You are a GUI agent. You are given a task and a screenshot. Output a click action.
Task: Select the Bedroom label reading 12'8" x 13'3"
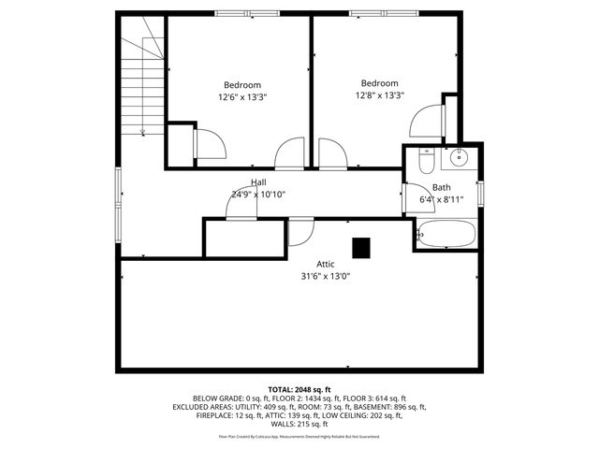click(x=379, y=94)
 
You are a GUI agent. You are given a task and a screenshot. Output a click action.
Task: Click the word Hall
click(x=258, y=181)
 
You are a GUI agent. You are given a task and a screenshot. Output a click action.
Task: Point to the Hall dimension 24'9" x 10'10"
click(x=258, y=195)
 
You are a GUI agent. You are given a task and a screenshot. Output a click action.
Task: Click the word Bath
click(x=442, y=187)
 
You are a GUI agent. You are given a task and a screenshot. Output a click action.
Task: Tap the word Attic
click(x=327, y=263)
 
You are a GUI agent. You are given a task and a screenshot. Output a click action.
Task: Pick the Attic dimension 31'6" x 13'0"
click(x=327, y=276)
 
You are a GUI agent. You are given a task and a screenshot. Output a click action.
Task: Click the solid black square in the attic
click(x=361, y=247)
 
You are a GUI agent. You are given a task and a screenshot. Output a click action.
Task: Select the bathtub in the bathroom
click(x=446, y=234)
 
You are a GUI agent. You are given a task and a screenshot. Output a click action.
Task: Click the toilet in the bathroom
click(x=425, y=162)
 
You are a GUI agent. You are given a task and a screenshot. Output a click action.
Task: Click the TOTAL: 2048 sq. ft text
click(x=299, y=389)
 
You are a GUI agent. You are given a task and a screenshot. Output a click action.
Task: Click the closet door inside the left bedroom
click(x=208, y=144)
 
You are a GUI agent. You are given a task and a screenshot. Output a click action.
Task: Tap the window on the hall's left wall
click(x=118, y=193)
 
